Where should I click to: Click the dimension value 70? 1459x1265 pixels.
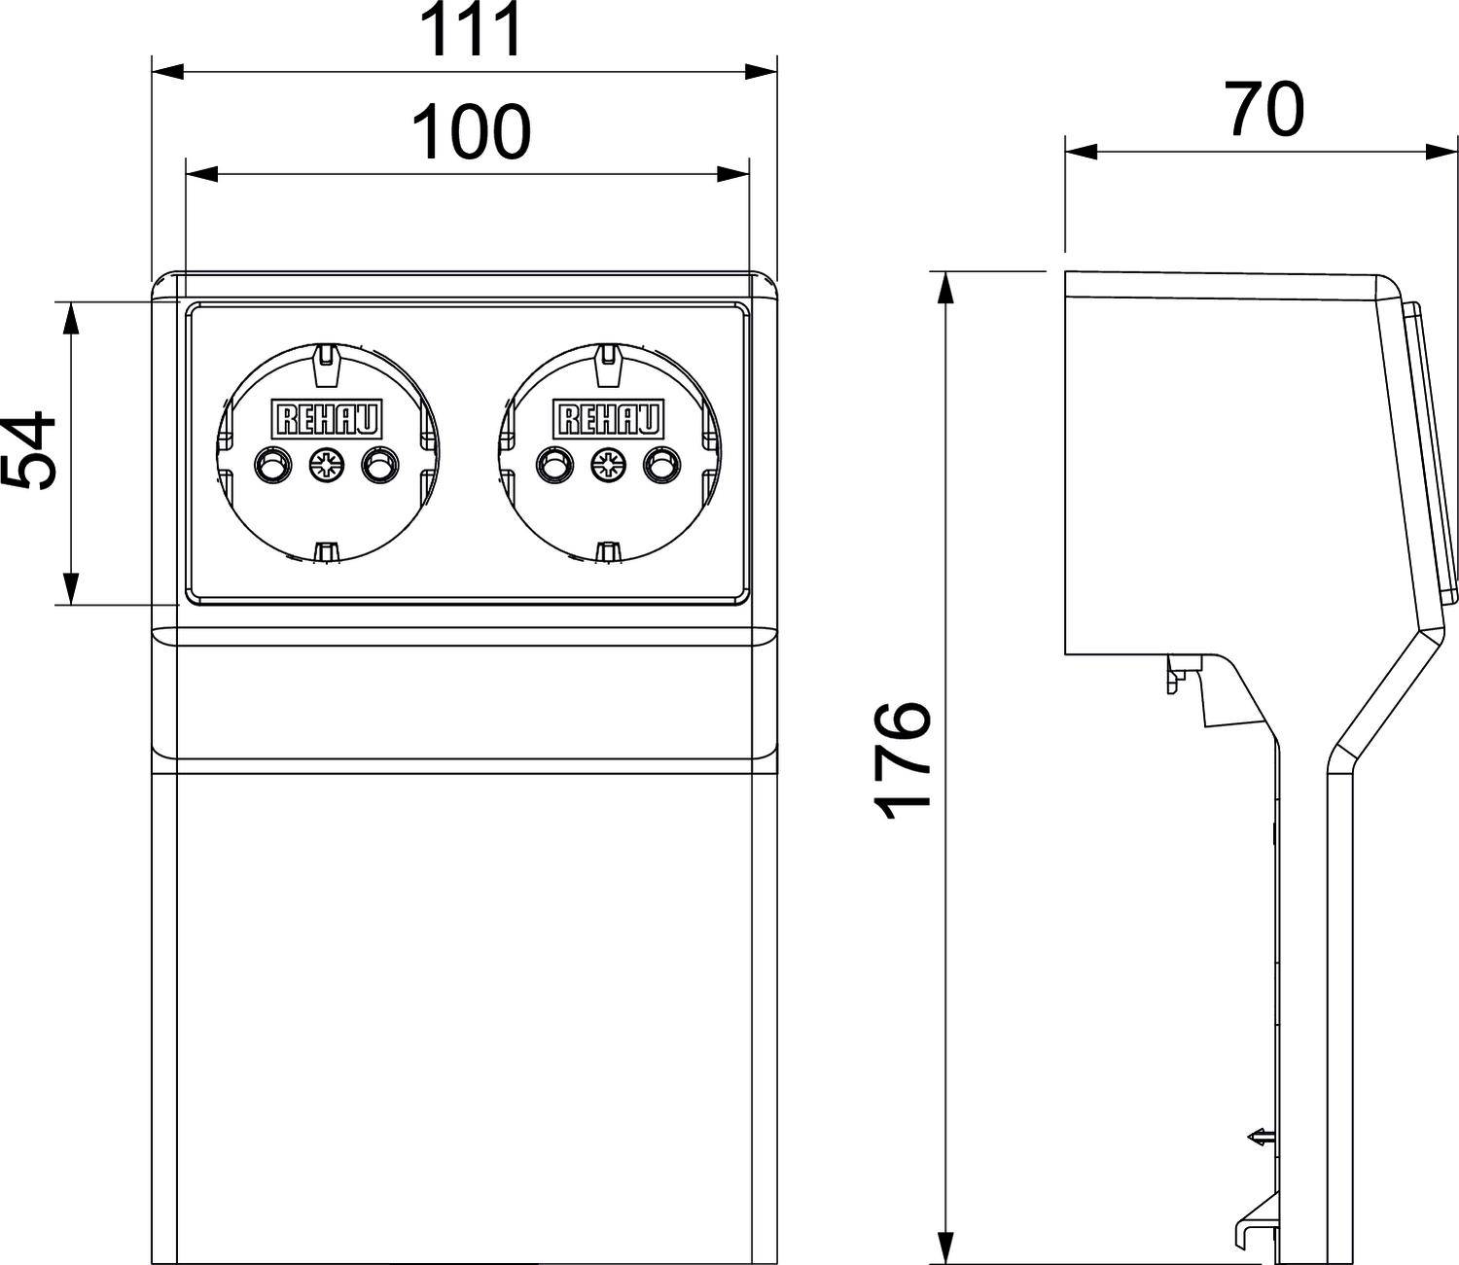(x=1263, y=110)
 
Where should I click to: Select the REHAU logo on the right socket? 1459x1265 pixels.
(x=609, y=419)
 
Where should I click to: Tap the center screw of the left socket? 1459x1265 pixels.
(x=324, y=465)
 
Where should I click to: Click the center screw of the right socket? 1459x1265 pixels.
(x=607, y=465)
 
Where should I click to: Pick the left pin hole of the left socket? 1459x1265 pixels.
(x=270, y=465)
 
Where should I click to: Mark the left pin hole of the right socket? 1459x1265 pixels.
(x=553, y=465)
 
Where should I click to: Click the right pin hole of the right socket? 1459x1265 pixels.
(x=660, y=465)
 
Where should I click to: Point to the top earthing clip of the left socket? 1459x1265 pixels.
(x=326, y=360)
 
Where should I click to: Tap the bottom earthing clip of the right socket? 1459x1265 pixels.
(x=608, y=552)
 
